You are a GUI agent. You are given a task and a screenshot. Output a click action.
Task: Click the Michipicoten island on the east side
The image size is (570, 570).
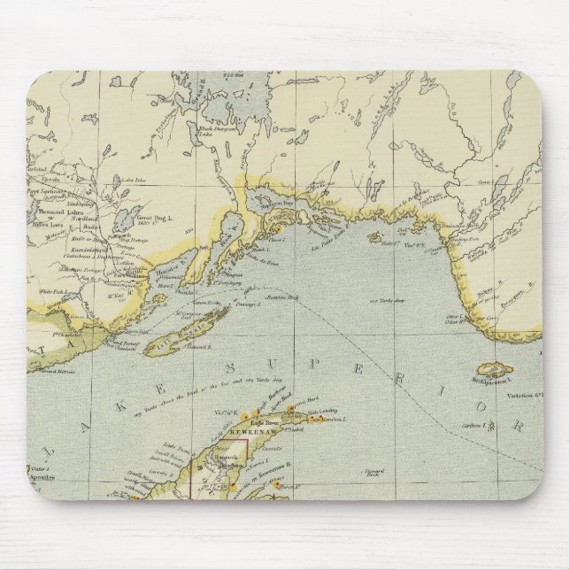(x=497, y=368)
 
